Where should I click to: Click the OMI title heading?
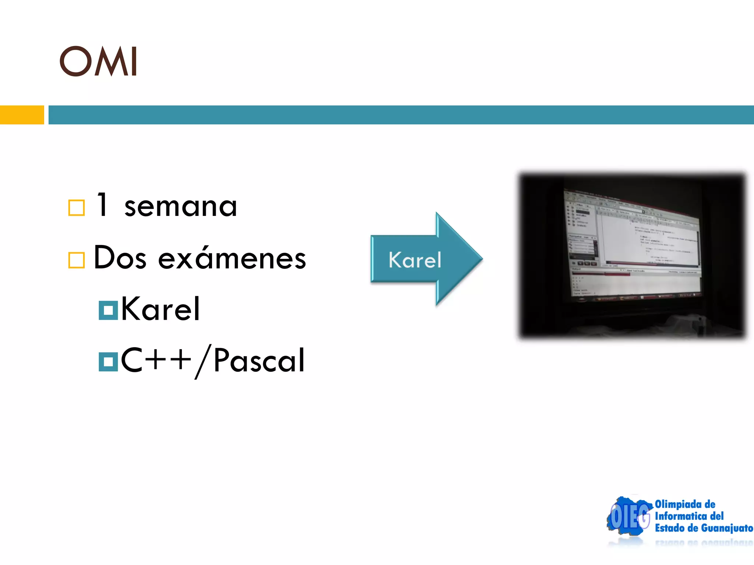point(99,61)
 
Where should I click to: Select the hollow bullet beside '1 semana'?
point(77,208)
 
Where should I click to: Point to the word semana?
point(180,207)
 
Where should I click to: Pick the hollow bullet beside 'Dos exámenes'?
point(77,260)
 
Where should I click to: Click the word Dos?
point(120,258)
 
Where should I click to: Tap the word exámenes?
point(232,258)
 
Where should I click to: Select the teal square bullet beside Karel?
point(108,310)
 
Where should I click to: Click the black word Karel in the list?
point(160,309)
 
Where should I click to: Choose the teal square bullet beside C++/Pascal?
point(108,362)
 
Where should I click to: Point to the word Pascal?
point(259,361)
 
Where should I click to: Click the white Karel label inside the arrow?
point(415,260)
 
